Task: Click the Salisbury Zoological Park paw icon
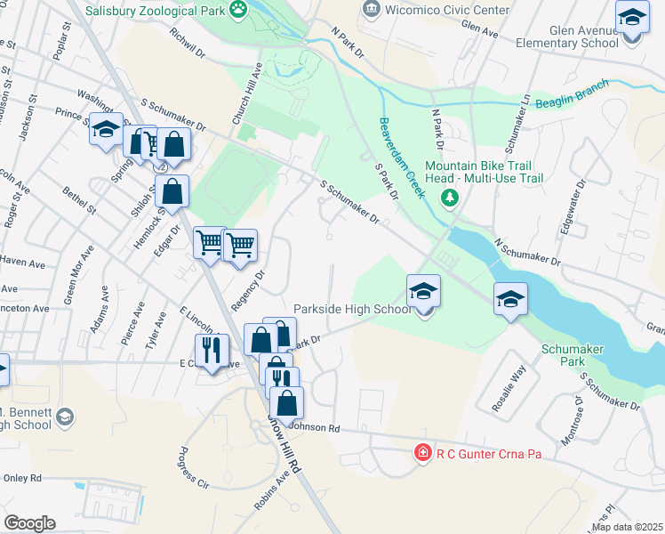pos(238,10)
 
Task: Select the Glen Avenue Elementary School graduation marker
pos(631,19)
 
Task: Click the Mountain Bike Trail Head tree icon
pos(452,196)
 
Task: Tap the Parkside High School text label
pos(352,309)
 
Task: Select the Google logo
pos(30,523)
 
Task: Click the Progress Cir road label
pos(195,467)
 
